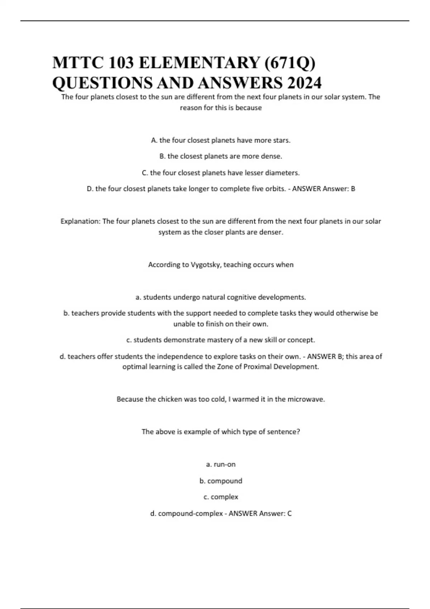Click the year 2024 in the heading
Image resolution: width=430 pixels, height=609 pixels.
coord(304,83)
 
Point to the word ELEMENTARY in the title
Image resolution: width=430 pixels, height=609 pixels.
coord(199,63)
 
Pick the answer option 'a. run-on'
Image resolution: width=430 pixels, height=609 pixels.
coord(221,464)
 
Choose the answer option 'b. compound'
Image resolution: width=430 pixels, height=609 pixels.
coord(221,481)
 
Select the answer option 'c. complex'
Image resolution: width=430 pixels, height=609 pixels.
coord(221,497)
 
